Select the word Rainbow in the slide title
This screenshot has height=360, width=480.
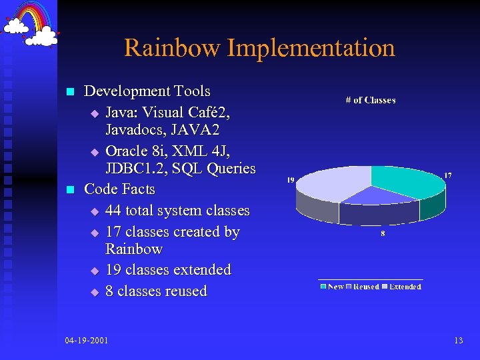[172, 48]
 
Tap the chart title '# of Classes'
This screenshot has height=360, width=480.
[370, 100]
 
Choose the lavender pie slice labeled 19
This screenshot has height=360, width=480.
[330, 187]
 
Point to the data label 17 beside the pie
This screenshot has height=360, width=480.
[448, 176]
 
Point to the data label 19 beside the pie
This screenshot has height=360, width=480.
[291, 180]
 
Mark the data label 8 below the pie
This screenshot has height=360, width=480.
[383, 234]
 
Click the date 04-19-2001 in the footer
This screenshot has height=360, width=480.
[87, 341]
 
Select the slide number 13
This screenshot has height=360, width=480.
[458, 341]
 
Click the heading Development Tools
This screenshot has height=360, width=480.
[147, 91]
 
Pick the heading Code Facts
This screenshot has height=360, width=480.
[119, 189]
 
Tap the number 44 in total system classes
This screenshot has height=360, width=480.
[113, 211]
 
